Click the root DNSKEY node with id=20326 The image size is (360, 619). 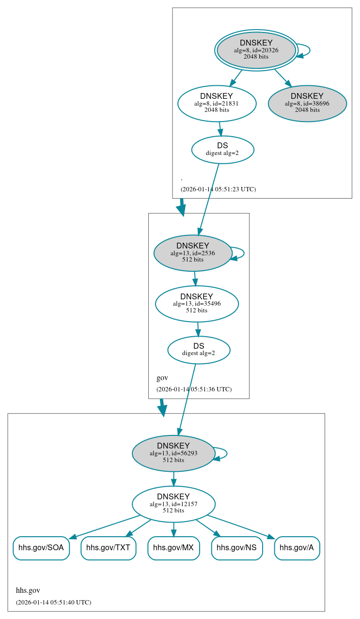[x=256, y=50]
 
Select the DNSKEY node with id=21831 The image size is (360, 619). [x=217, y=103]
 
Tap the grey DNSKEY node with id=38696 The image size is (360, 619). [x=307, y=103]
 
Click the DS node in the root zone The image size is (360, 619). [x=222, y=150]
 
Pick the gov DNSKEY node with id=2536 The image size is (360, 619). [x=193, y=253]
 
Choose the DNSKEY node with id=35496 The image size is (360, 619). [x=197, y=304]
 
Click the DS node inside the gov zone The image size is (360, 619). [x=199, y=350]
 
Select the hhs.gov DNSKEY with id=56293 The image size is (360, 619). [x=173, y=453]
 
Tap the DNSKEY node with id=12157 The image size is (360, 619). [x=173, y=504]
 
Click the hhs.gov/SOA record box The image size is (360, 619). [x=41, y=548]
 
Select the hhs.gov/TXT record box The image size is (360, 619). [x=108, y=548]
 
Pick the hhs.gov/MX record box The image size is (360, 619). [x=173, y=548]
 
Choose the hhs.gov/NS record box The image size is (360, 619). [x=237, y=548]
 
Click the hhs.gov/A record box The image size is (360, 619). [x=297, y=548]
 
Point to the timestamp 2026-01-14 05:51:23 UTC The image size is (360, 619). [x=218, y=189]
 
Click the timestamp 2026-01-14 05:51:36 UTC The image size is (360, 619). [x=194, y=389]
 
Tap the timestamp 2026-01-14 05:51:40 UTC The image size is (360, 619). [x=53, y=603]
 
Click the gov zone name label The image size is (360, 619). [x=162, y=378]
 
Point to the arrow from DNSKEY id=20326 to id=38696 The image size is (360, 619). [x=283, y=78]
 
